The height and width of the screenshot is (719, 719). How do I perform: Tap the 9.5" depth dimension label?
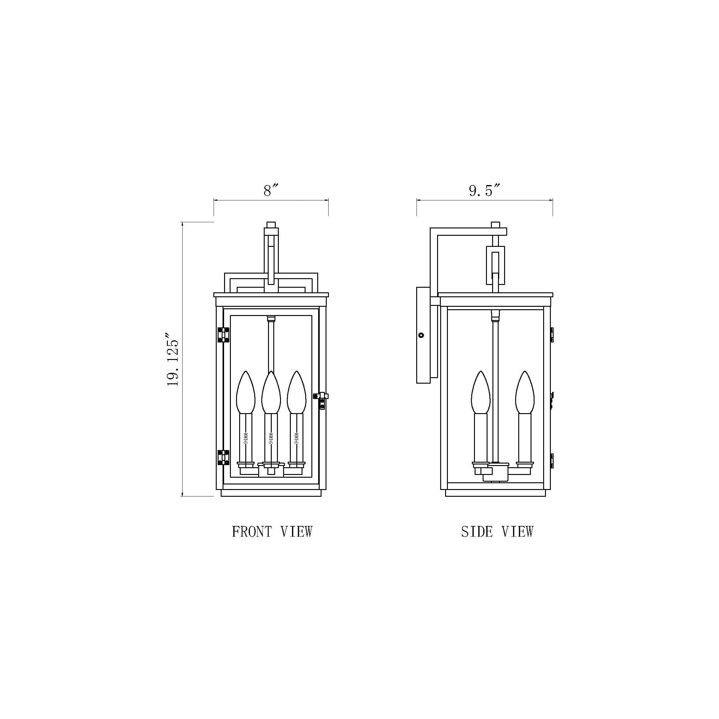point(486,191)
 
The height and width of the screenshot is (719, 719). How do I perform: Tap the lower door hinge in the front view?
point(223,457)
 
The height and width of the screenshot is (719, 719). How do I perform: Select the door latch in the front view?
point(322,401)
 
